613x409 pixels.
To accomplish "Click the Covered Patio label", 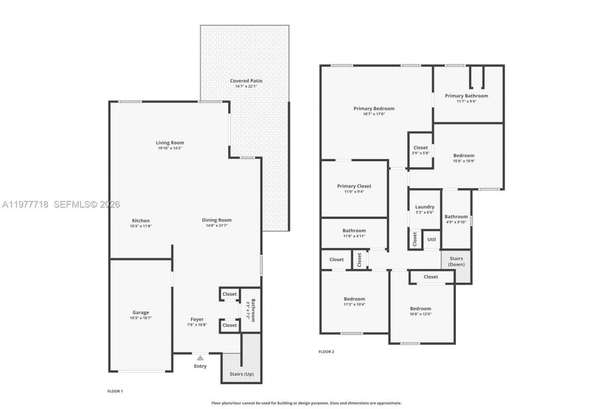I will pos(246,81).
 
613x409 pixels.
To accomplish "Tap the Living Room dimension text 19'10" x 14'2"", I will pos(170,148).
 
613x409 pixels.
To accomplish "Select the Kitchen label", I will pos(141,220).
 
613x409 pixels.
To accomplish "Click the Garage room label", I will pos(141,312).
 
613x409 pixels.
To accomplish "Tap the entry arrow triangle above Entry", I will pos(200,357).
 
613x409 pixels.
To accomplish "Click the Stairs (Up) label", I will pos(242,374).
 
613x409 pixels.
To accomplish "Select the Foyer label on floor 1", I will pos(197,319).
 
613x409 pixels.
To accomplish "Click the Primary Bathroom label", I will pos(466,95).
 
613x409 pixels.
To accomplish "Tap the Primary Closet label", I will pos(354,186).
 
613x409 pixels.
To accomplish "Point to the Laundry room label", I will pos(425,207).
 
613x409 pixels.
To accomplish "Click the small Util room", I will pos(431,239).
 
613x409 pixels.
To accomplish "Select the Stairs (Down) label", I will pos(455,261).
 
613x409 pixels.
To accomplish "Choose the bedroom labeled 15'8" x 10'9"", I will pos(464,158).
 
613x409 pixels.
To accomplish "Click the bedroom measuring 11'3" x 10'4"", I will pos(354,301).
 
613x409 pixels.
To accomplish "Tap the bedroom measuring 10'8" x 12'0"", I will pos(420,311).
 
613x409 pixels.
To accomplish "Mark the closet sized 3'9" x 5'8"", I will pos(420,150).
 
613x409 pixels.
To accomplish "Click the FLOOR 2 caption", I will pos(326,351).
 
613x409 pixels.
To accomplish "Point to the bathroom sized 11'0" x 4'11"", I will pos(354,233).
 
